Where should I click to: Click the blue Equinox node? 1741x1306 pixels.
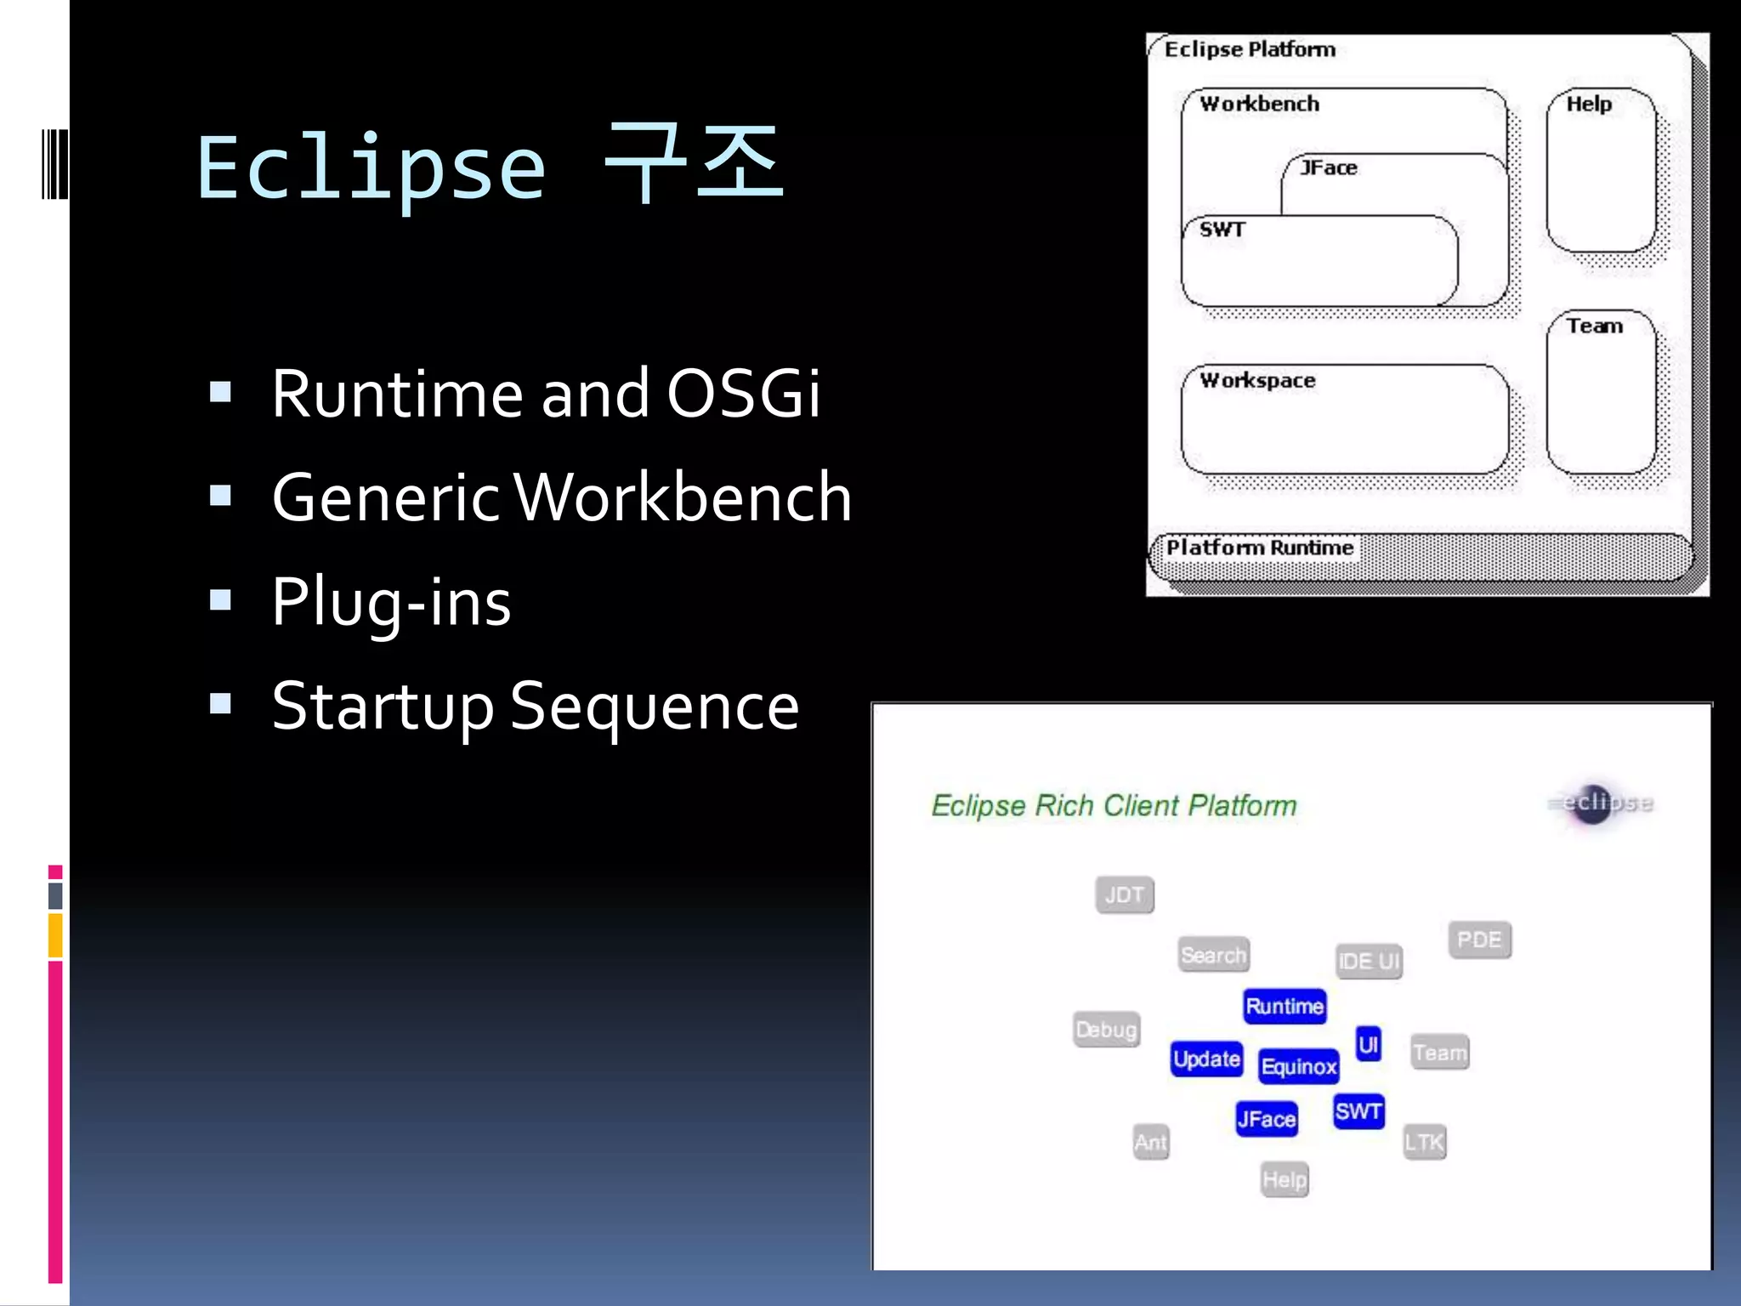coord(1298,1066)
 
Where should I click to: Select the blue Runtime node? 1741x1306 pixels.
coord(1284,1007)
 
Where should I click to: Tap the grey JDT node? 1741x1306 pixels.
coord(1125,894)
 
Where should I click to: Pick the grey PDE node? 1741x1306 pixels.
coord(1479,940)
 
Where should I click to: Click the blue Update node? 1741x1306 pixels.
coord(1206,1059)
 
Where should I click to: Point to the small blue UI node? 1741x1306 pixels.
coord(1368,1044)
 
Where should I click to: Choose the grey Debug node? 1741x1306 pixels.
coord(1106,1030)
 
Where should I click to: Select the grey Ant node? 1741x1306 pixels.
coord(1151,1142)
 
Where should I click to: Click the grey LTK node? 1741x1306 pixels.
coord(1424,1142)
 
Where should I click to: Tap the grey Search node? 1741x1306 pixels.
coord(1213,955)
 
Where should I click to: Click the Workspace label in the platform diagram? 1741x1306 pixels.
coord(1257,380)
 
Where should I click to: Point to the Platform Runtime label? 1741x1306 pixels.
coord(1259,548)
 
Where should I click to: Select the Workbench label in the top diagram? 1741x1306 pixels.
coord(1259,104)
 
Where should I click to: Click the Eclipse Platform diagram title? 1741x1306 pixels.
coord(1250,49)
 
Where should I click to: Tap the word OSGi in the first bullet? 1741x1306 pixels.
coord(743,394)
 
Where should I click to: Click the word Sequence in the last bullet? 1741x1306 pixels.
coord(654,707)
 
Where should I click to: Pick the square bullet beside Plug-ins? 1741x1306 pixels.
coord(221,600)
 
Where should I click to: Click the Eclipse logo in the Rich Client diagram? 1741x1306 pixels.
coord(1599,803)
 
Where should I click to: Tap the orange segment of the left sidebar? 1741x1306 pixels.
coord(55,935)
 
